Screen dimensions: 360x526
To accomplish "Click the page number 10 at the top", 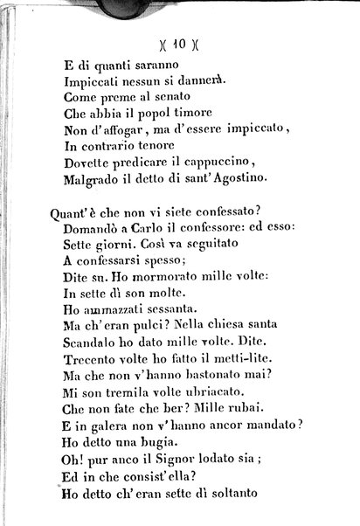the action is pos(178,39).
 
